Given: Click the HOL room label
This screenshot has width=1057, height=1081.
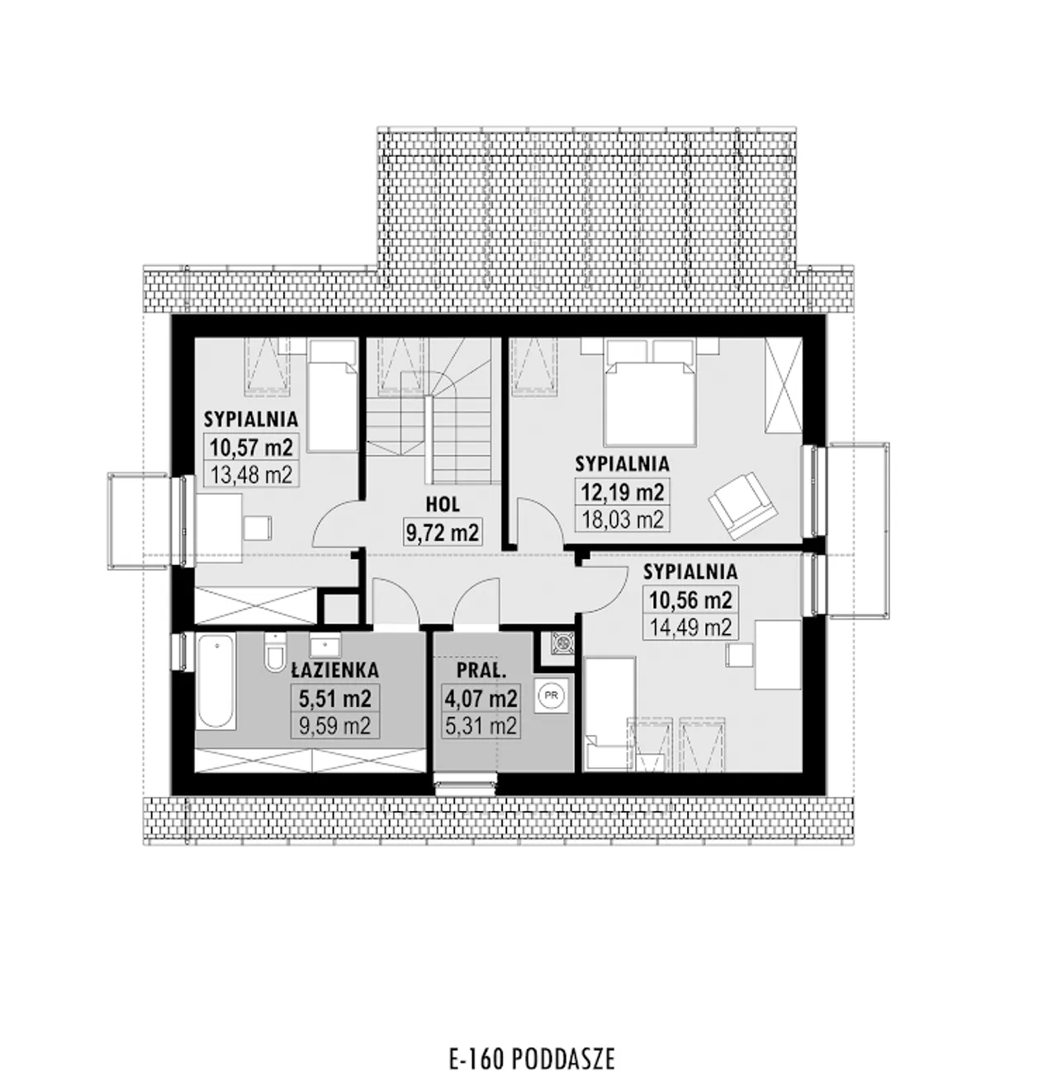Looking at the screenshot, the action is [443, 504].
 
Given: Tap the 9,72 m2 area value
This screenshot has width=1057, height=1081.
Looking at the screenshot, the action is [443, 533].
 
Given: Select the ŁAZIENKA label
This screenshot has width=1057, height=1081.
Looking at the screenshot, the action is [335, 670].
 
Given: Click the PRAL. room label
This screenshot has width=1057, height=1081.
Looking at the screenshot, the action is [481, 671].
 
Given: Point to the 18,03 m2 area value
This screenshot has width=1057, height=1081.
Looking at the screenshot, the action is [623, 520].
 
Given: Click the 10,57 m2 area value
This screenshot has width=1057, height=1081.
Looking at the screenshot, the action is [251, 446].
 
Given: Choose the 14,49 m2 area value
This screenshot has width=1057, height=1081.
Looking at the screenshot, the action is [690, 628].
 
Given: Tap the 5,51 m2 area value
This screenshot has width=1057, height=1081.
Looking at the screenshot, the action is [335, 699].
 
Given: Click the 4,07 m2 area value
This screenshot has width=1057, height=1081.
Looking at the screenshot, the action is [481, 698].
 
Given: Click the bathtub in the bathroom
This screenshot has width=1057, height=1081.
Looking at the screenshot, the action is [216, 681].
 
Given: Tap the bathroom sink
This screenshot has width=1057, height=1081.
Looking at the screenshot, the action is [325, 646].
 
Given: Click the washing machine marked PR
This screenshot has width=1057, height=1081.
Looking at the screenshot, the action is [552, 695].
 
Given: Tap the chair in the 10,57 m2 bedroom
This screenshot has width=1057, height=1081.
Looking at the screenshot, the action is [258, 527].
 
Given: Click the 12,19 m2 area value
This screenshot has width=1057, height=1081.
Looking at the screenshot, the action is [623, 491].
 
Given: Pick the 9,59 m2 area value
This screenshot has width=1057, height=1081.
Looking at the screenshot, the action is [335, 726].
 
